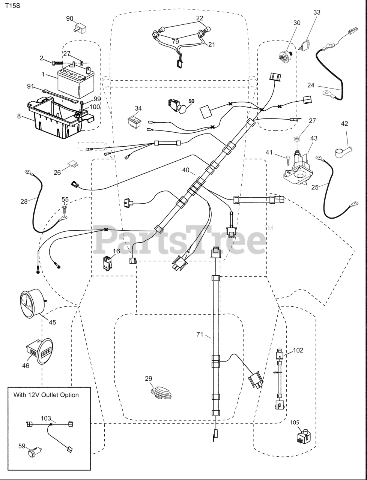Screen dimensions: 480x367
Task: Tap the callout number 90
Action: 70,18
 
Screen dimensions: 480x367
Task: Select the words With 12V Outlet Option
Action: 46,395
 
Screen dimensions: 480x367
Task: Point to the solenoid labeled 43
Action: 299,167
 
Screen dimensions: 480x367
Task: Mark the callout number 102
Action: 298,350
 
